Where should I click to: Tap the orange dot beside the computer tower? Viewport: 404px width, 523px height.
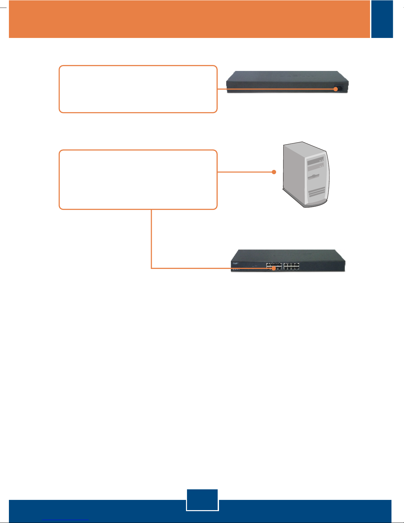tap(274, 172)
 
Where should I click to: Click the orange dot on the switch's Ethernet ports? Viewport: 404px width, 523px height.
tap(273, 268)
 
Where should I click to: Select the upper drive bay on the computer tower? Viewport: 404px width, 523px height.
tap(315, 162)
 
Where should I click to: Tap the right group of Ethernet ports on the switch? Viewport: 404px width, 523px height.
tap(292, 266)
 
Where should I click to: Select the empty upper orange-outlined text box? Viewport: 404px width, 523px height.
tap(138, 89)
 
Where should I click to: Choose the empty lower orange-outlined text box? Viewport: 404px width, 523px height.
tap(138, 180)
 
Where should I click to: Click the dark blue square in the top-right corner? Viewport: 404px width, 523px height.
tap(382, 19)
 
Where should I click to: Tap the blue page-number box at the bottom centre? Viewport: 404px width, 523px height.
tap(202, 500)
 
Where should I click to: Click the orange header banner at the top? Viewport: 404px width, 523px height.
tap(189, 19)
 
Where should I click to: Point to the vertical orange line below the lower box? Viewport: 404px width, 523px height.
tap(151, 238)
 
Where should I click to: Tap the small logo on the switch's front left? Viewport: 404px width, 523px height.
tap(235, 264)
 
